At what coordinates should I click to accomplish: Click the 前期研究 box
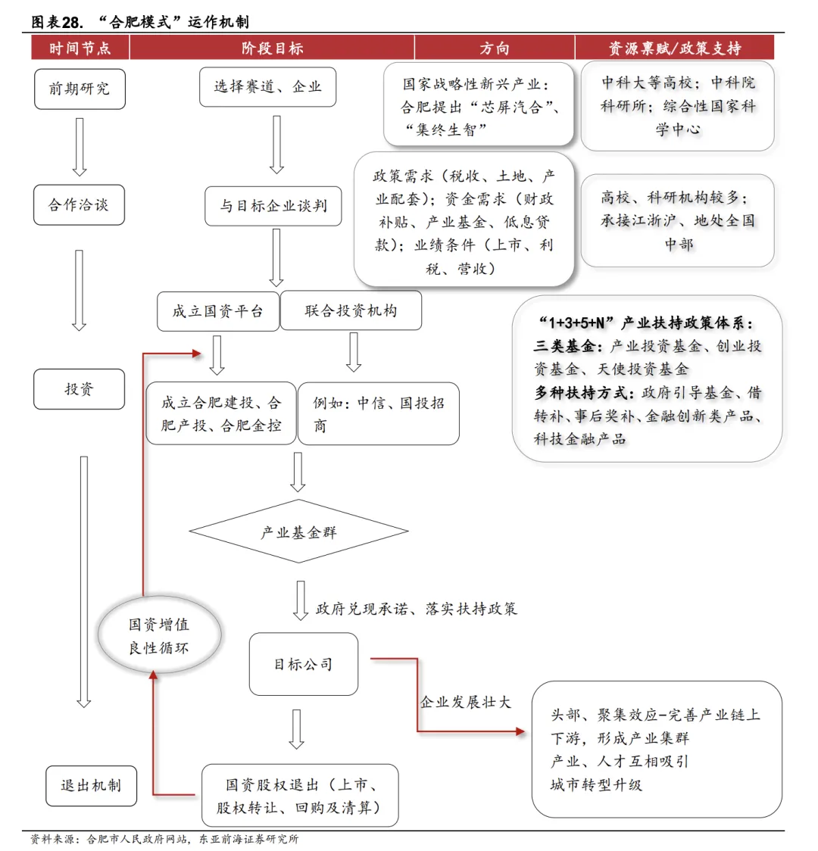(x=79, y=89)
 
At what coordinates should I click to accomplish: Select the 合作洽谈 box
(x=79, y=204)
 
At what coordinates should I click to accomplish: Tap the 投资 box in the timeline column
(x=79, y=389)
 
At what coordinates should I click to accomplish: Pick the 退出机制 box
(x=91, y=785)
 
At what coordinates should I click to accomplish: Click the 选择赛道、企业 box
(x=267, y=87)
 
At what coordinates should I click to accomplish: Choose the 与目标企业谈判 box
(x=273, y=206)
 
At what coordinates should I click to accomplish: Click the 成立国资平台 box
(x=217, y=311)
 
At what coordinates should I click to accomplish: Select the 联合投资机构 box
(x=351, y=311)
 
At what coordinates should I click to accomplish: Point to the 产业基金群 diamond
(x=298, y=532)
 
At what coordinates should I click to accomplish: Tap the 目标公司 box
(x=303, y=665)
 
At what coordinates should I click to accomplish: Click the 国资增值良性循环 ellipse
(x=159, y=636)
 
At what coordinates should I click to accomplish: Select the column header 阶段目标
(x=272, y=48)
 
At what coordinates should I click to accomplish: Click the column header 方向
(x=494, y=48)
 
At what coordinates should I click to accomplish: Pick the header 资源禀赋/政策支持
(x=674, y=48)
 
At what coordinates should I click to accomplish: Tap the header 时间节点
(x=80, y=48)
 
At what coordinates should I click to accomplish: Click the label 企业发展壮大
(x=465, y=703)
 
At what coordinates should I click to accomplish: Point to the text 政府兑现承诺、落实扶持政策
(x=416, y=609)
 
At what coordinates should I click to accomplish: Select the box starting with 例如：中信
(x=378, y=413)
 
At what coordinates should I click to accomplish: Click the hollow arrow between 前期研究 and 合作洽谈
(x=79, y=147)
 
